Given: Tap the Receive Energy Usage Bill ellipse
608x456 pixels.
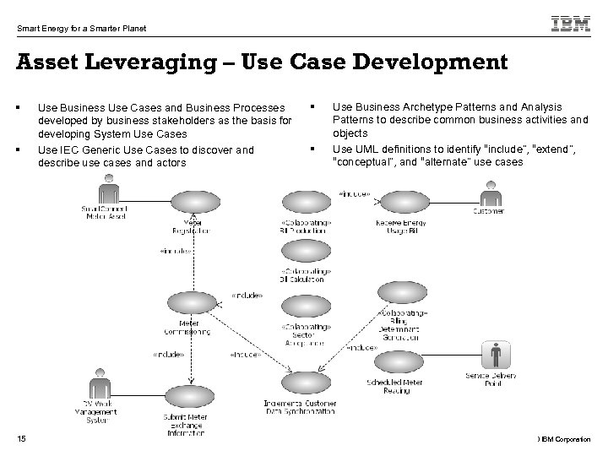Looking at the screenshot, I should [399, 202].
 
